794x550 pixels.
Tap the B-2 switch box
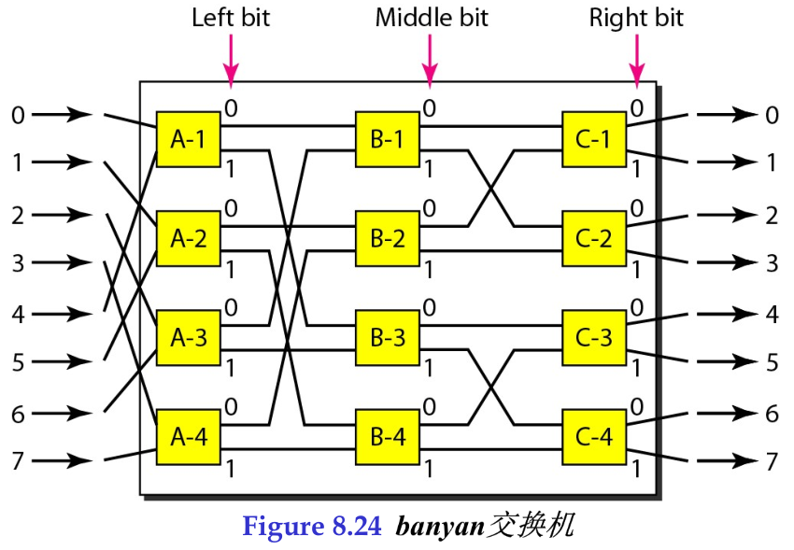point(387,238)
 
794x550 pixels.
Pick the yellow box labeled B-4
point(387,436)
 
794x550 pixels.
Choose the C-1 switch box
point(593,139)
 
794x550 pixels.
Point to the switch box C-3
point(593,337)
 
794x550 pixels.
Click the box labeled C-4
point(593,436)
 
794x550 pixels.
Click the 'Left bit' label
point(231,18)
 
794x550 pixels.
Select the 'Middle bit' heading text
point(431,18)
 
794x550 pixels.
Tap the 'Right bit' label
point(636,18)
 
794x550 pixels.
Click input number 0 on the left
point(18,116)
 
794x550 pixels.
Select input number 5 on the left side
point(18,361)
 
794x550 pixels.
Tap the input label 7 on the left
point(18,460)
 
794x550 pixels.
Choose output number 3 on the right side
point(772,264)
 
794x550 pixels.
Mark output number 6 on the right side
point(772,413)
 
